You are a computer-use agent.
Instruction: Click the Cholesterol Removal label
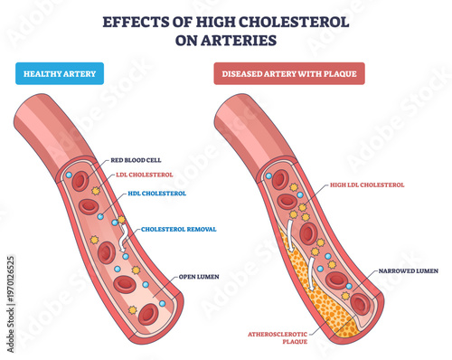(x=178, y=230)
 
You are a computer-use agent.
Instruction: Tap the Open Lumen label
(x=202, y=277)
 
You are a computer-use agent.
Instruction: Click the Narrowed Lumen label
(x=410, y=270)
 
